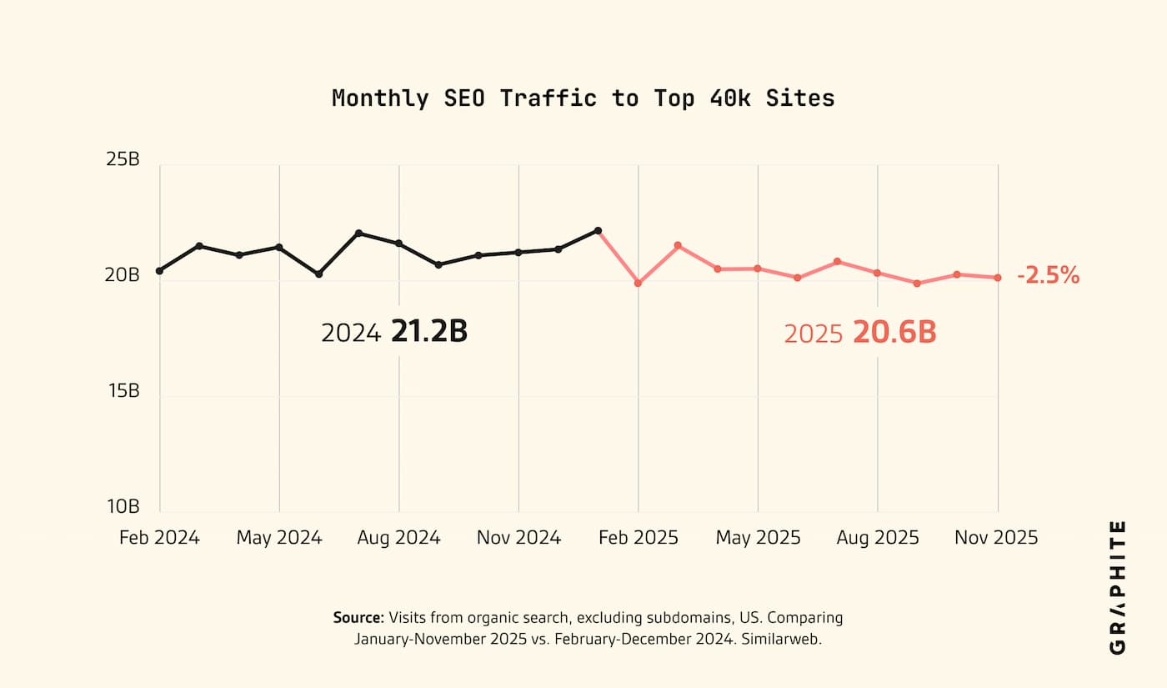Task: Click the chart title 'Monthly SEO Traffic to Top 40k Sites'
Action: point(583,98)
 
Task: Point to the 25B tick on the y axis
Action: point(123,158)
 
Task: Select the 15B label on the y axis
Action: point(123,390)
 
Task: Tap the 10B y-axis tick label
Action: point(123,506)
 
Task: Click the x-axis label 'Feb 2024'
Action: point(159,537)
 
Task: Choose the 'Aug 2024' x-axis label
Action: point(398,537)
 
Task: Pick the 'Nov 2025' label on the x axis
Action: point(996,537)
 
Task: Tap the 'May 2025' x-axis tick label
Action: point(758,537)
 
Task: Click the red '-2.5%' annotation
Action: point(1048,275)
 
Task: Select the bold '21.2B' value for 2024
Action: point(429,332)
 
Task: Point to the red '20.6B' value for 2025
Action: point(894,333)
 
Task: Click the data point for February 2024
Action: point(159,271)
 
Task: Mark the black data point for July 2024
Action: point(358,234)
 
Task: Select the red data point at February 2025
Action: point(638,284)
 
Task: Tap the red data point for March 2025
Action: point(678,245)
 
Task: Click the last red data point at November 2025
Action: point(997,278)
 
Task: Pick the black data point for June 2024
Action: point(318,274)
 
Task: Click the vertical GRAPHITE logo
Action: point(1118,587)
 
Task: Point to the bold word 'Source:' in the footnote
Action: point(358,618)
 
